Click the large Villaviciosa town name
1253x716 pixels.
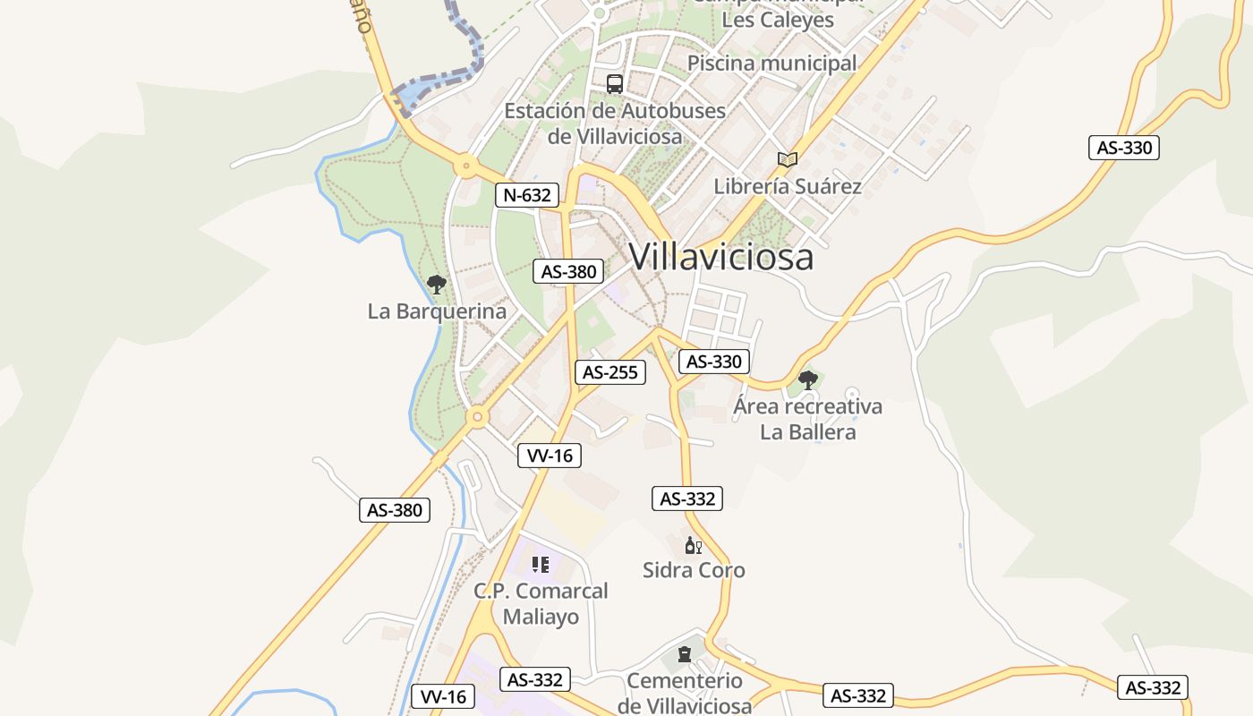pyautogui.click(x=721, y=257)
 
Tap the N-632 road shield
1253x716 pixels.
pyautogui.click(x=527, y=195)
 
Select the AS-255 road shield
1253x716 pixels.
pyautogui.click(x=610, y=372)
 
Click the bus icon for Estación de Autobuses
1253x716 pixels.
pyautogui.click(x=614, y=84)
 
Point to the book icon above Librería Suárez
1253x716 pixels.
pyautogui.click(x=787, y=159)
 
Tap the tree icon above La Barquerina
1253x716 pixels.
pyautogui.click(x=436, y=285)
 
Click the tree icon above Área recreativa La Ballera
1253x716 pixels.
pyautogui.click(x=807, y=379)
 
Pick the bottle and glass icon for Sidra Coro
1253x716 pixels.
pyautogui.click(x=693, y=544)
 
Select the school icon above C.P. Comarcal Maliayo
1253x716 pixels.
pyautogui.click(x=541, y=564)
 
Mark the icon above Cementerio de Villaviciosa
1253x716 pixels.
pyautogui.click(x=685, y=654)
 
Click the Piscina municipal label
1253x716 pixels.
pyautogui.click(x=771, y=64)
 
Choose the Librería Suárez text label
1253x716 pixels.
pyautogui.click(x=788, y=186)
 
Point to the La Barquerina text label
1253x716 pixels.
pyautogui.click(x=437, y=311)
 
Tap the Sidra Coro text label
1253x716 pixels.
pyautogui.click(x=694, y=570)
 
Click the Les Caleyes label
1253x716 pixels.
pyautogui.click(x=777, y=20)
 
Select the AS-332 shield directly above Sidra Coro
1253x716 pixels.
pyautogui.click(x=687, y=499)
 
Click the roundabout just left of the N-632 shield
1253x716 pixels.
pyautogui.click(x=465, y=166)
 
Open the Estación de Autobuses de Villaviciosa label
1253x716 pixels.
pyautogui.click(x=615, y=124)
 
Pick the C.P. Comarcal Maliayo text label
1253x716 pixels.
pyautogui.click(x=541, y=603)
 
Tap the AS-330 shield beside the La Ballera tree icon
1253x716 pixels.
pyautogui.click(x=713, y=362)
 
